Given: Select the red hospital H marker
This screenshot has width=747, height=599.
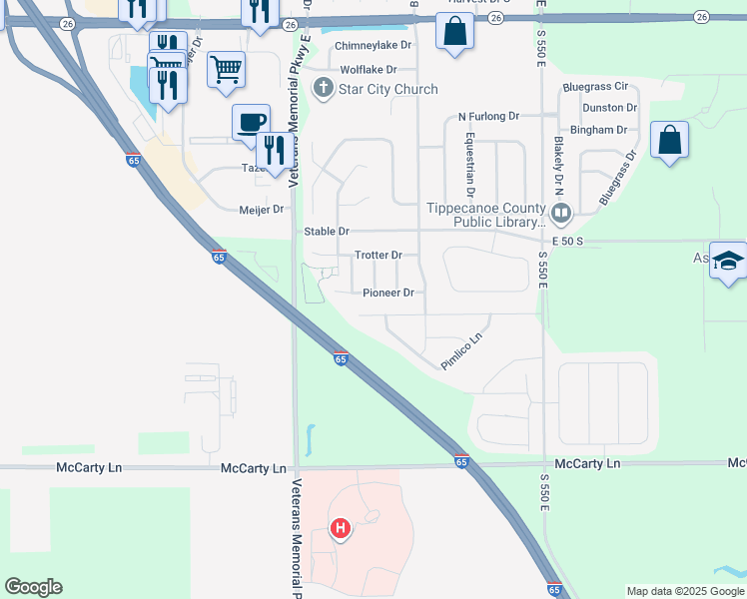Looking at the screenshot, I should pyautogui.click(x=341, y=528).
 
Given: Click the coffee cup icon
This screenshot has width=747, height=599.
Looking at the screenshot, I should pyautogui.click(x=250, y=122).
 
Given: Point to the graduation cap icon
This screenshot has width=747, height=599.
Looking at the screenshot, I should pyautogui.click(x=728, y=262).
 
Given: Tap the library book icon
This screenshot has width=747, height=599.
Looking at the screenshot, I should pyautogui.click(x=561, y=213).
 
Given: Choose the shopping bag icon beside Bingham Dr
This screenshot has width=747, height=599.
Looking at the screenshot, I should pyautogui.click(x=669, y=139).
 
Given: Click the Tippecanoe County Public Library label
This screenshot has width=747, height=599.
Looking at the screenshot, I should pyautogui.click(x=485, y=215).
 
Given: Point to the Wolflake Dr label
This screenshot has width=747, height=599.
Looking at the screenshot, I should pyautogui.click(x=369, y=70).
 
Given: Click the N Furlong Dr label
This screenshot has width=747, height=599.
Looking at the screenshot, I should pyautogui.click(x=489, y=117).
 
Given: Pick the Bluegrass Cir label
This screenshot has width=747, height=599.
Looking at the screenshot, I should pyautogui.click(x=595, y=88).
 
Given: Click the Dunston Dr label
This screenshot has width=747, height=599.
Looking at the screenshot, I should pyautogui.click(x=610, y=108).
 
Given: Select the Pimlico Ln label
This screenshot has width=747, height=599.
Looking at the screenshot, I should pyautogui.click(x=462, y=350).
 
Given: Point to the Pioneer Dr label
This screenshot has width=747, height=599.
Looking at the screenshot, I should pyautogui.click(x=388, y=294).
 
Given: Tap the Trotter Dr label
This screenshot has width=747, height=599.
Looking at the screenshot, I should pyautogui.click(x=378, y=256).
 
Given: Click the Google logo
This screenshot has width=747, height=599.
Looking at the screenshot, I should pyautogui.click(x=33, y=587).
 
